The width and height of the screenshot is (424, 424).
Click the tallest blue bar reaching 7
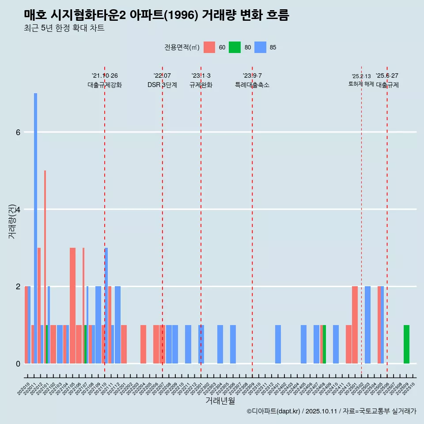pyautogui.click(x=35, y=221)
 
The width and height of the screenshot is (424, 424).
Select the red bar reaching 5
pyautogui.click(x=45, y=265)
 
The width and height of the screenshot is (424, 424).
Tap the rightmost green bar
pyautogui.click(x=406, y=344)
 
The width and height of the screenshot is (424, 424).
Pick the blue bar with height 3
pyautogui.click(x=106, y=305)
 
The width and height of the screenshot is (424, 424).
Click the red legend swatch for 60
pyautogui.click(x=209, y=47)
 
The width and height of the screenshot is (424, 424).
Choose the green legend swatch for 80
pyautogui.click(x=235, y=47)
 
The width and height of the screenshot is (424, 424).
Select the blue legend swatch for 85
pyautogui.click(x=261, y=47)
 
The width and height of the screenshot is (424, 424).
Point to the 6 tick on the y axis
pyautogui.click(x=18, y=132)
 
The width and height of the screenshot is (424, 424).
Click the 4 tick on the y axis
pyautogui.click(x=18, y=209)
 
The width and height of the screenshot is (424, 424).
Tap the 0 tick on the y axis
pyautogui.click(x=18, y=363)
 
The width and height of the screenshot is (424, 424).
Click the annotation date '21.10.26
pyautogui.click(x=105, y=76)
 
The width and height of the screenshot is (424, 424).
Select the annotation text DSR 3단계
pyautogui.click(x=162, y=85)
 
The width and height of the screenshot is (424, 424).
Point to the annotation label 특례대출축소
pyautogui.click(x=252, y=85)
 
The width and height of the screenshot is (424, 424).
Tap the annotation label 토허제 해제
pyautogui.click(x=361, y=84)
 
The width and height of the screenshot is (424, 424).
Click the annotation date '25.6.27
pyautogui.click(x=387, y=76)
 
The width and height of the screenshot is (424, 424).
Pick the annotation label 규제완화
pyautogui.click(x=201, y=85)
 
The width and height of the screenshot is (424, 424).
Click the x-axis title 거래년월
pyautogui.click(x=220, y=401)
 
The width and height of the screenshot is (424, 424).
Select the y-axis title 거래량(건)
pyautogui.click(x=12, y=221)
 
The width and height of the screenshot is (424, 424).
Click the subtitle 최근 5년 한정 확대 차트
pyautogui.click(x=64, y=28)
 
